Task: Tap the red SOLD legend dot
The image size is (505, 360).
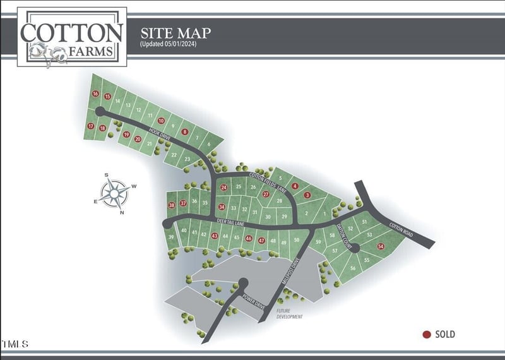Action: click(427, 335)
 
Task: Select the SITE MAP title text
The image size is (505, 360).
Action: click(175, 33)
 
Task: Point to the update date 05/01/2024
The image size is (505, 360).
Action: click(167, 45)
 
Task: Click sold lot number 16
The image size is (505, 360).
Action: click(95, 94)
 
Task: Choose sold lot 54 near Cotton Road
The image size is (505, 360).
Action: click(381, 246)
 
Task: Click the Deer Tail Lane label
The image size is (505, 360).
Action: click(230, 222)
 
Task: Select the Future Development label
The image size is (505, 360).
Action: click(290, 314)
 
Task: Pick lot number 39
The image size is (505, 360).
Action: click(171, 237)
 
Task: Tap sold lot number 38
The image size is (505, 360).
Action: click(171, 205)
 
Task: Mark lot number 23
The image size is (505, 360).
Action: click(187, 159)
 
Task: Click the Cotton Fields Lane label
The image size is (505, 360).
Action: click(260, 180)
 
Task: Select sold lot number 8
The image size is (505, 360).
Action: click(184, 131)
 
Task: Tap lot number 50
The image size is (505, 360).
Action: click(296, 239)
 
